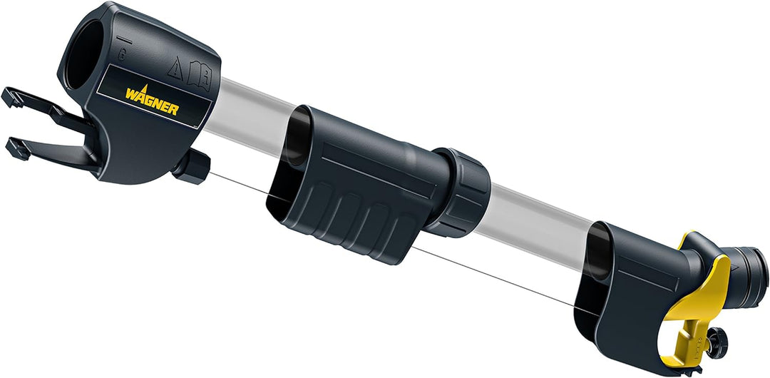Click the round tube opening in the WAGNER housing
(84, 58)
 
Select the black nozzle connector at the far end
(748, 268)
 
